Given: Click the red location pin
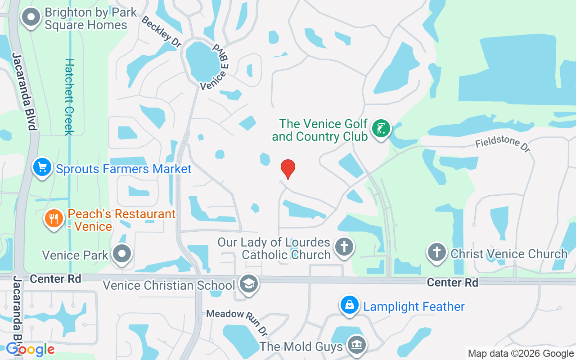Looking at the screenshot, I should click(x=288, y=169).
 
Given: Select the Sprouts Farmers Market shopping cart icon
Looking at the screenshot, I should click(x=42, y=167).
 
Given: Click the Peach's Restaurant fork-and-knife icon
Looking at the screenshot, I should click(x=54, y=219).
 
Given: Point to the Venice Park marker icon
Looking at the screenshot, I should click(x=122, y=254).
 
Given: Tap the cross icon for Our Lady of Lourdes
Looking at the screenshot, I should click(x=344, y=247).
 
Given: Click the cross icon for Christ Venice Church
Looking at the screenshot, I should click(x=436, y=252).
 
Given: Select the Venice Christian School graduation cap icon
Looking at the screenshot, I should click(x=248, y=284).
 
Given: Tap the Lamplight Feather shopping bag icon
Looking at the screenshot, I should click(x=349, y=306).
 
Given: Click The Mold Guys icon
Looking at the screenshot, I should click(x=357, y=345).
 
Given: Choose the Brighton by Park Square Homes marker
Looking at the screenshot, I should click(x=31, y=18).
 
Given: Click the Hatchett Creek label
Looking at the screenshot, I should click(x=69, y=97).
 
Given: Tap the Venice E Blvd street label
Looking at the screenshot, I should click(x=215, y=67).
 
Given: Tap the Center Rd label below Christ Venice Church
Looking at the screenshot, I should click(x=452, y=282).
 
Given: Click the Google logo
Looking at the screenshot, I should click(x=30, y=349).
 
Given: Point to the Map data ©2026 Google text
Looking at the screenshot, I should click(x=520, y=353).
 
